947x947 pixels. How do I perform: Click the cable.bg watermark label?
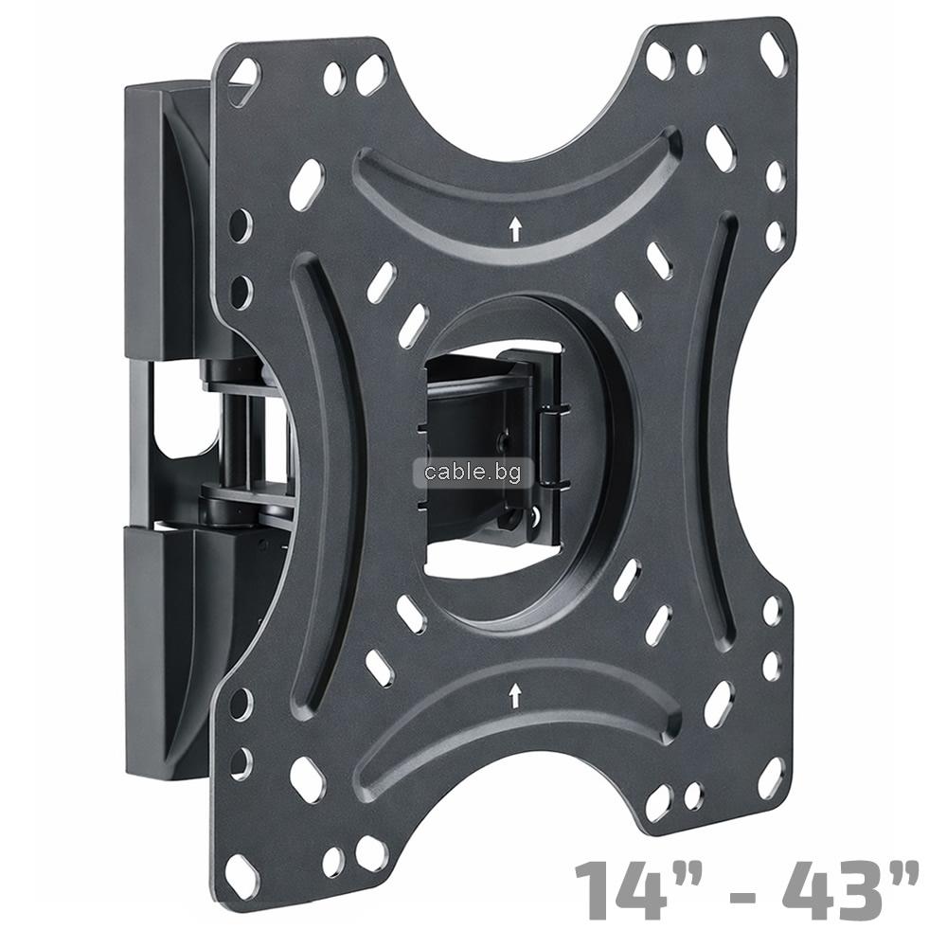473,473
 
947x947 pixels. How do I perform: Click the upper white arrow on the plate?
515,230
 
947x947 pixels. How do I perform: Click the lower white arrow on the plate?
514,695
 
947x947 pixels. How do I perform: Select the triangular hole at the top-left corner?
243,82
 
